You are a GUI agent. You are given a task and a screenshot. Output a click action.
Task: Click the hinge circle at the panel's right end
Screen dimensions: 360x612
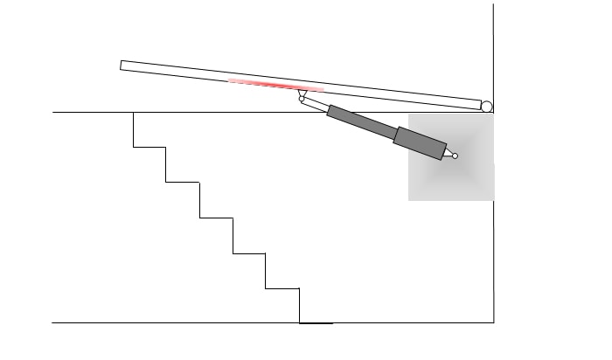tap(487, 107)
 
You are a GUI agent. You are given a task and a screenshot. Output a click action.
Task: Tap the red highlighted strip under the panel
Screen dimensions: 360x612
tap(275, 85)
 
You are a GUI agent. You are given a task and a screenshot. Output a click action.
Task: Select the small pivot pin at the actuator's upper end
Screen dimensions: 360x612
tap(302, 99)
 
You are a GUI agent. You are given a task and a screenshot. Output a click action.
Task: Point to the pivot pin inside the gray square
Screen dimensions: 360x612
tap(455, 156)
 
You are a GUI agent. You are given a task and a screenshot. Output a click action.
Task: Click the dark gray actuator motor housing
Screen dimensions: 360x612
tap(420, 143)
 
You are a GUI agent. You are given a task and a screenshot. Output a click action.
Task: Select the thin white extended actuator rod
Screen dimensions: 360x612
tap(315, 105)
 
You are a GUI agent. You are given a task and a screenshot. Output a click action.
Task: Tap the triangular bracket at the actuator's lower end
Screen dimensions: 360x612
tap(449, 155)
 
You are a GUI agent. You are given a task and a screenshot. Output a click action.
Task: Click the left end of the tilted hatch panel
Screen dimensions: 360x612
tap(124, 66)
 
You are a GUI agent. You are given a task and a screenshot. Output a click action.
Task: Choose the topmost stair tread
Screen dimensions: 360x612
tap(150, 147)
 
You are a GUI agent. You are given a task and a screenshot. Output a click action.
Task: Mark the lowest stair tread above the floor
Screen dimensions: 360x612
tap(282, 287)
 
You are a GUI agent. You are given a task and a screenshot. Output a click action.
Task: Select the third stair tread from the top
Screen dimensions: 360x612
tap(216, 218)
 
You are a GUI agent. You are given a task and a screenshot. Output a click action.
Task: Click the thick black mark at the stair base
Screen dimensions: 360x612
tap(316, 323)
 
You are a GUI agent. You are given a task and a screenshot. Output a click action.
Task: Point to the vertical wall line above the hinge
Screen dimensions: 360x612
tap(493, 52)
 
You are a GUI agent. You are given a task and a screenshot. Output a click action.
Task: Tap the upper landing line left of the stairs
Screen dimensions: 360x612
tap(92, 112)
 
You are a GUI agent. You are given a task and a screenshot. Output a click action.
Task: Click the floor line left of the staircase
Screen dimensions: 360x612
tap(175, 322)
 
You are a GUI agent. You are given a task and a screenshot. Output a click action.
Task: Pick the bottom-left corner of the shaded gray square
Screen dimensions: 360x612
tap(409, 200)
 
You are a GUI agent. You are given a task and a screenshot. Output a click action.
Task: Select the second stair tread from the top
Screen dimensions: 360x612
tap(183, 182)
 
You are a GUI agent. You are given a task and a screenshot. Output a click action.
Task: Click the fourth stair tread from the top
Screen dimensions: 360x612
tap(249, 253)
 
